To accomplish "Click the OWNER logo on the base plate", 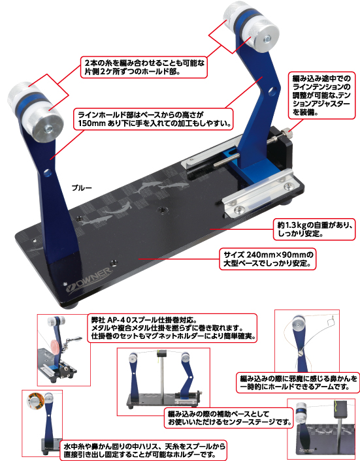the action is click(x=88, y=280).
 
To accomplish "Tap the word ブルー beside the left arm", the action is click(x=82, y=188).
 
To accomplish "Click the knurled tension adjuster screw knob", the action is click(x=288, y=133).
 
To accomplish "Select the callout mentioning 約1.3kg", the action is click(x=314, y=229).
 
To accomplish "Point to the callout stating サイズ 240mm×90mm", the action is click(x=268, y=259).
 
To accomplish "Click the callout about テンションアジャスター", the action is click(x=321, y=95).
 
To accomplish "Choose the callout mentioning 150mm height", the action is click(x=154, y=119).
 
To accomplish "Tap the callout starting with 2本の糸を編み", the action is click(x=144, y=67).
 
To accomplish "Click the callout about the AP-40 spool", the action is click(x=172, y=328).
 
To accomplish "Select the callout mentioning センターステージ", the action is click(x=229, y=419).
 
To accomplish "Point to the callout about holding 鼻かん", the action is click(x=298, y=383).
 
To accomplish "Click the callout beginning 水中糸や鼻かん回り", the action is click(x=143, y=450).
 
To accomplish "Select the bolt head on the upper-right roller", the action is click(x=267, y=38).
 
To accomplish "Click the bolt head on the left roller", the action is click(x=49, y=129).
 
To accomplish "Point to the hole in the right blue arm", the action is click(x=274, y=91).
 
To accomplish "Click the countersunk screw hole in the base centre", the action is click(x=161, y=210).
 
